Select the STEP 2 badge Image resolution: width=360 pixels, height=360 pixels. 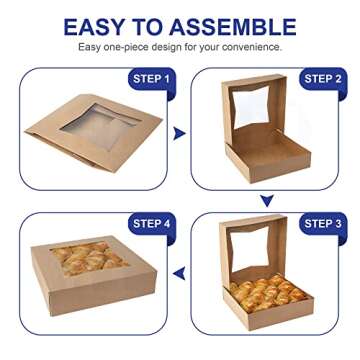322,78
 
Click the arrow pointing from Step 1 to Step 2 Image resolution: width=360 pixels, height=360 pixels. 179,132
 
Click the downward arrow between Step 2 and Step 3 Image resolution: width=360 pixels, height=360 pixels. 267,201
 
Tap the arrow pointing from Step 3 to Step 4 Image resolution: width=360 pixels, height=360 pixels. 179,272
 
